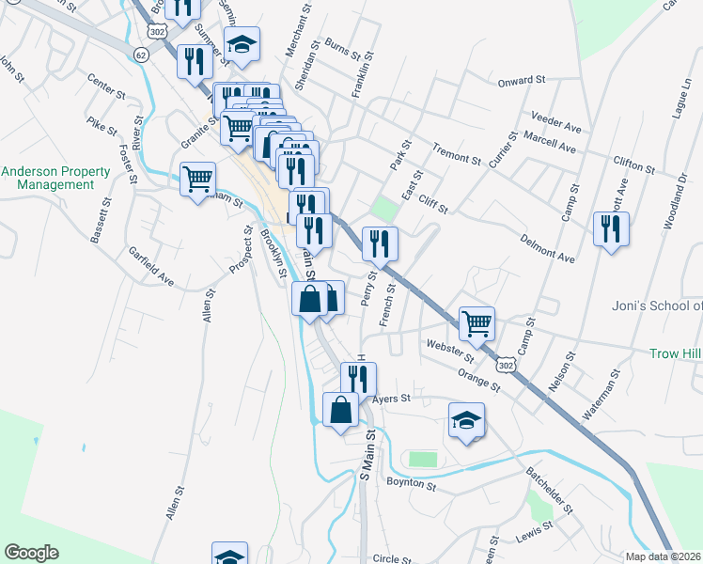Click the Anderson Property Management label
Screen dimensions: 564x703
click(55, 178)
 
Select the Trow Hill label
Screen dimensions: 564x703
click(675, 353)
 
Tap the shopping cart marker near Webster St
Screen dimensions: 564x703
click(476, 323)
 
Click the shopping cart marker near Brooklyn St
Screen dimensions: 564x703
click(197, 179)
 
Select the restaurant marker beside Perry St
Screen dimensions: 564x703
click(380, 243)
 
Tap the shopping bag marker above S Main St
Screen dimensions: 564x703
click(340, 410)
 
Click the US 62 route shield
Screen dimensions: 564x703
click(141, 55)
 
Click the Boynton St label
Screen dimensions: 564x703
click(411, 485)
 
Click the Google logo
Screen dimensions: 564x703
click(32, 553)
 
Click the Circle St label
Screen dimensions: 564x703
click(393, 557)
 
